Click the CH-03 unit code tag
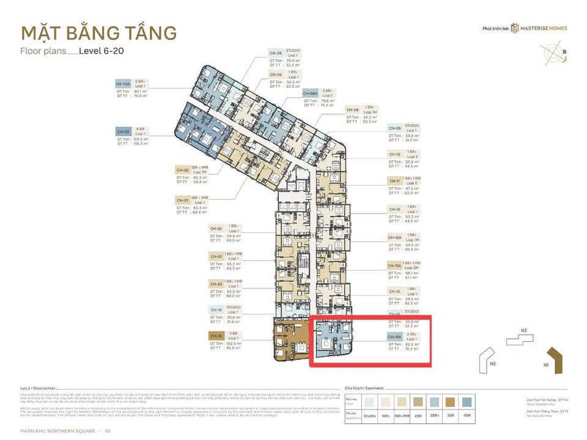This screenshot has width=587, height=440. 124,131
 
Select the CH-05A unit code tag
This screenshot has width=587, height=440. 124,84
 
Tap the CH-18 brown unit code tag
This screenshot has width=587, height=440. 216,335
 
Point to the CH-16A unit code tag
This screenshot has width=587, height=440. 394,336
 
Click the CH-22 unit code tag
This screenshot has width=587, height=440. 216,228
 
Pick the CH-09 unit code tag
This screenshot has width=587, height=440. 394,128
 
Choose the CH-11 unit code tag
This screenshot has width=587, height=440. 394,181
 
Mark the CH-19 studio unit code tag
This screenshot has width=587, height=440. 216,310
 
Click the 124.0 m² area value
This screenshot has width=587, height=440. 142,139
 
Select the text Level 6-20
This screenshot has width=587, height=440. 102,51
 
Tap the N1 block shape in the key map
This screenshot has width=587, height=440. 556,358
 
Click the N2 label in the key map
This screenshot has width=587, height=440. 492,364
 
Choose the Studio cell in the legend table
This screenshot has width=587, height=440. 370,416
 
